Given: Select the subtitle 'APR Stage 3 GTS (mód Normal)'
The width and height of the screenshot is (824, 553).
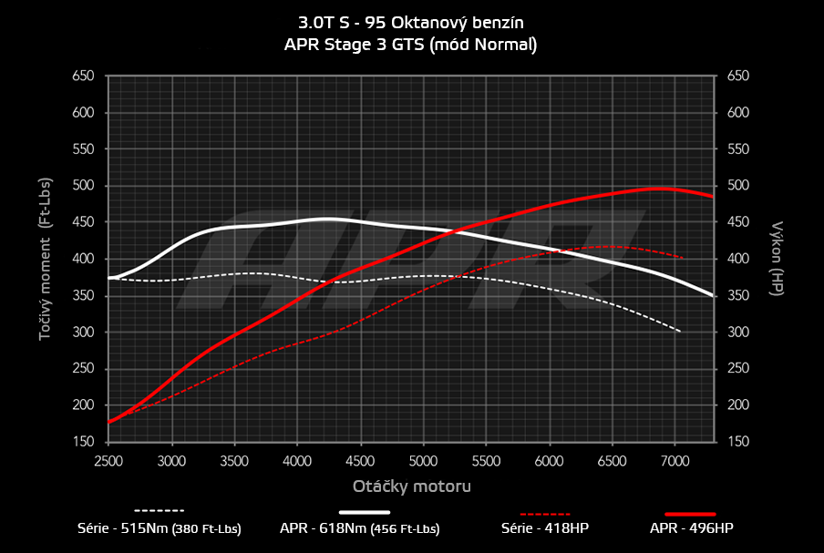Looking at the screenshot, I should pos(412,44).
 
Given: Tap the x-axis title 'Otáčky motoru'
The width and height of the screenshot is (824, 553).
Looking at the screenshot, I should pos(412,486).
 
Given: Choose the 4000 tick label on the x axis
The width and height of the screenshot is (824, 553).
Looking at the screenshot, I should pos(298,461).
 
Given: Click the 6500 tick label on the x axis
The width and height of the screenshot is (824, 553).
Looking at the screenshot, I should pos(612,461).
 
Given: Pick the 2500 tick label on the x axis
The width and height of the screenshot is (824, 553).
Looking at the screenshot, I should pos(108,461).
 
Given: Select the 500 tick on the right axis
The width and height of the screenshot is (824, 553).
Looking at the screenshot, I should pos(738,186).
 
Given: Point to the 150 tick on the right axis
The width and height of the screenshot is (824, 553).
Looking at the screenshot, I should pos(738,442).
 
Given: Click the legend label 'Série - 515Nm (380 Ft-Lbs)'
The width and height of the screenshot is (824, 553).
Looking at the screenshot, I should pos(160,528).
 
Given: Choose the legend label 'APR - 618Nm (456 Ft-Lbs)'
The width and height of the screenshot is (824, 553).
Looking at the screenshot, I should pos(371,528).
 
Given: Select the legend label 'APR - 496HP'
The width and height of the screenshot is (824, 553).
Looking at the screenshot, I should pos(691,528).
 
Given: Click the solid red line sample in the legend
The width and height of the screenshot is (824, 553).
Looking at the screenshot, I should pos(690,514).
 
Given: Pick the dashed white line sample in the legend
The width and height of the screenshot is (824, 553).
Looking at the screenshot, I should pos(160,511).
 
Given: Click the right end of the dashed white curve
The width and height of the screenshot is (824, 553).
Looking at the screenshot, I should pos(681,331).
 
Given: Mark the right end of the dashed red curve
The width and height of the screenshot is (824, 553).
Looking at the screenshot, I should pos(683,258).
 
